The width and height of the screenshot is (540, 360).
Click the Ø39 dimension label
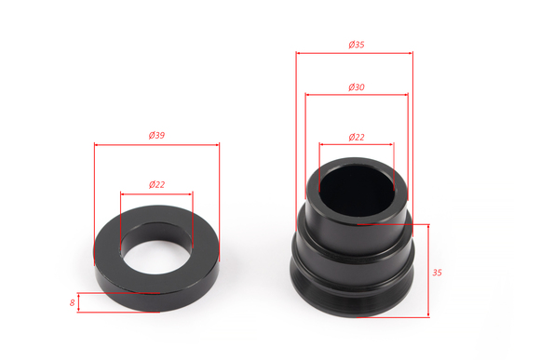click(x=156, y=135)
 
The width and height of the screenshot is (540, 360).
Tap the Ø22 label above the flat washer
click(x=156, y=185)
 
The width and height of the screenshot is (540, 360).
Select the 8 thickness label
click(x=72, y=303)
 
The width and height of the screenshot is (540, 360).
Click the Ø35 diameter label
click(x=356, y=45)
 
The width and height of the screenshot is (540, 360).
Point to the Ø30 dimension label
click(x=356, y=87)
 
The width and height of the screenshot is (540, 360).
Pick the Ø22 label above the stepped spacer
click(x=356, y=138)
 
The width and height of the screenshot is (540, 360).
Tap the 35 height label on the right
click(x=437, y=273)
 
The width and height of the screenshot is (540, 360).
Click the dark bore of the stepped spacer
click(x=357, y=191)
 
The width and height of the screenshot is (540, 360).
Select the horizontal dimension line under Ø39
click(x=156, y=145)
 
